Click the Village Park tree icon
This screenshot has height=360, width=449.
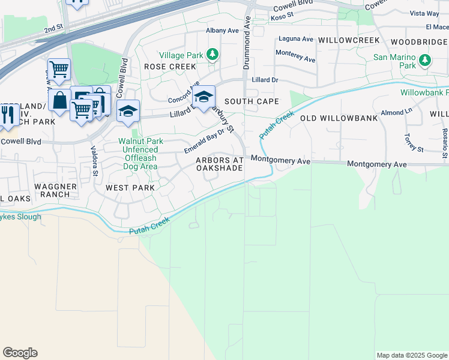pos(212,55)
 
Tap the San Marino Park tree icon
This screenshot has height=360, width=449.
pos(425,60)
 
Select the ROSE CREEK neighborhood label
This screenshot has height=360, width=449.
pos(169,67)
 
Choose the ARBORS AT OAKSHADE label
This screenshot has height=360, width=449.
pos(220,164)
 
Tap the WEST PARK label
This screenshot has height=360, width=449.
pos(130,188)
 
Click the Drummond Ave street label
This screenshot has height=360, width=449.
pos(247,43)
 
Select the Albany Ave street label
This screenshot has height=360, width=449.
pos(222,30)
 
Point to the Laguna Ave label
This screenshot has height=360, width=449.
pos(295,40)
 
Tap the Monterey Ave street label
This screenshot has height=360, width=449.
pos(295,56)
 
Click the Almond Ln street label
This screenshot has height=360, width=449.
pos(396,112)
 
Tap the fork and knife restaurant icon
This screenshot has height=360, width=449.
pos(8,115)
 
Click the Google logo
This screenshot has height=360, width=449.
pos(20,353)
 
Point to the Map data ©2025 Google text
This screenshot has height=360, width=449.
pos(411,355)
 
